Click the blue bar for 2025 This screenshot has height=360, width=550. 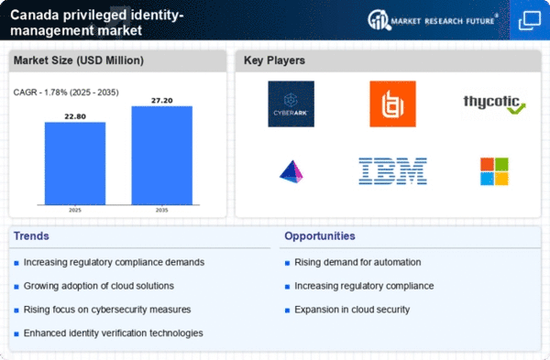75,163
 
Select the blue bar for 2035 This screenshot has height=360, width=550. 162,156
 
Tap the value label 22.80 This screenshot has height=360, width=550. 75,116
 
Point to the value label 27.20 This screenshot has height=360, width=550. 162,100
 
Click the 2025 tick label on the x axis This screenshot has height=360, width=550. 75,210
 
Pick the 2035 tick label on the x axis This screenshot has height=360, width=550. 161,210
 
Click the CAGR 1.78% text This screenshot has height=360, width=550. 66,93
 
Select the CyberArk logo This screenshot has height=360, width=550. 291,104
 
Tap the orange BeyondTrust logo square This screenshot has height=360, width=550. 393,104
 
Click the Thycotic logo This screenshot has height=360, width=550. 495,104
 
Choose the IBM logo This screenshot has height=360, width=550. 393,171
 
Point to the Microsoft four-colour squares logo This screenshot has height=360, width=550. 495,171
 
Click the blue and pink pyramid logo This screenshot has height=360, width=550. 291,172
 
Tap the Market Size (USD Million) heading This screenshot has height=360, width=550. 79,60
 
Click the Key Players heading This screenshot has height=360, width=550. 274,60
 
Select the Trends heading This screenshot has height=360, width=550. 31,236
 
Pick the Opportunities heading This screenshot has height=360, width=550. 320,236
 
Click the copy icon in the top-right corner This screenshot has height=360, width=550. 530,20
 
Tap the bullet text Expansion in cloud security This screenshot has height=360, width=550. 352,310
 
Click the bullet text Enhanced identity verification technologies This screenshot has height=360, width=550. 114,333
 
